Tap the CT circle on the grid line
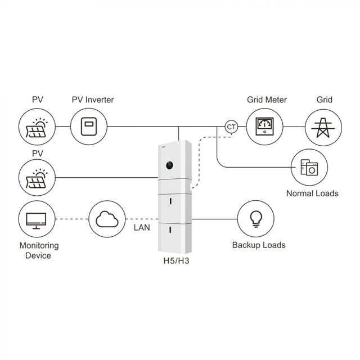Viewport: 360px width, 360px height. [231, 127]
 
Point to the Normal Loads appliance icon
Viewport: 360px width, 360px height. [309, 168]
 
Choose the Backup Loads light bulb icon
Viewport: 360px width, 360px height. [256, 218]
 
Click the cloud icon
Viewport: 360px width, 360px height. [107, 218]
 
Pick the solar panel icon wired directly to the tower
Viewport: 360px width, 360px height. [37, 177]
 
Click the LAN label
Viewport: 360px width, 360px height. [141, 228]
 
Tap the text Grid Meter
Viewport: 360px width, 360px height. [267, 100]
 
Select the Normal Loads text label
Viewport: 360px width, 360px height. [312, 193]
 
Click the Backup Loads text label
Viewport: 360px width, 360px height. [259, 245]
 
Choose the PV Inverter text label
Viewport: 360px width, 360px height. [92, 100]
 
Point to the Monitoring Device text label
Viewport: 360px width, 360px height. [39, 251]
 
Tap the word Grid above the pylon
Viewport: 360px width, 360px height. [324, 100]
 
